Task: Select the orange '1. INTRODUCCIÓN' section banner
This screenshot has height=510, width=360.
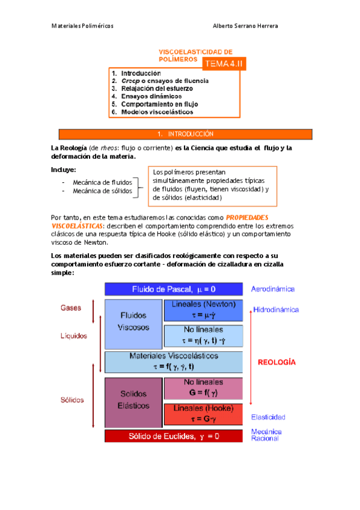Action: click(185, 134)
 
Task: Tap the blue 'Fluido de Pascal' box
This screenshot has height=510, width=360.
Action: click(174, 289)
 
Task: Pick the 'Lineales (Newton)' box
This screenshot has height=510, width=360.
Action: click(203, 309)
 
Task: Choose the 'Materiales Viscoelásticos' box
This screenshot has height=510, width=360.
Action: click(174, 361)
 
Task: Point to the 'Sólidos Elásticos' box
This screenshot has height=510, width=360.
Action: click(133, 400)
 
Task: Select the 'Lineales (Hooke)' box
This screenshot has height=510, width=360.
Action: click(203, 414)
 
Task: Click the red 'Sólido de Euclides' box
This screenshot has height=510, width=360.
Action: click(174, 436)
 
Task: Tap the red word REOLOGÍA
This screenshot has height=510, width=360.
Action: click(276, 362)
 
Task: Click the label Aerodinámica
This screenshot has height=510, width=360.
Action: click(273, 289)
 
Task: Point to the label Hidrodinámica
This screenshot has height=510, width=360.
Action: click(276, 310)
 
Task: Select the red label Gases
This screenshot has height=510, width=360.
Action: click(71, 307)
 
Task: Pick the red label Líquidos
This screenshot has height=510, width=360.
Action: click(74, 336)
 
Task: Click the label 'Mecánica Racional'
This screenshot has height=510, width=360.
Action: click(266, 435)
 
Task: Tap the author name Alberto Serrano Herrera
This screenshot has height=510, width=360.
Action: click(245, 26)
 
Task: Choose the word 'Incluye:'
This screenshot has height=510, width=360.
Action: click(64, 170)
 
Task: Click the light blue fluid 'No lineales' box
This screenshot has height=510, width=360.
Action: click(203, 333)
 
